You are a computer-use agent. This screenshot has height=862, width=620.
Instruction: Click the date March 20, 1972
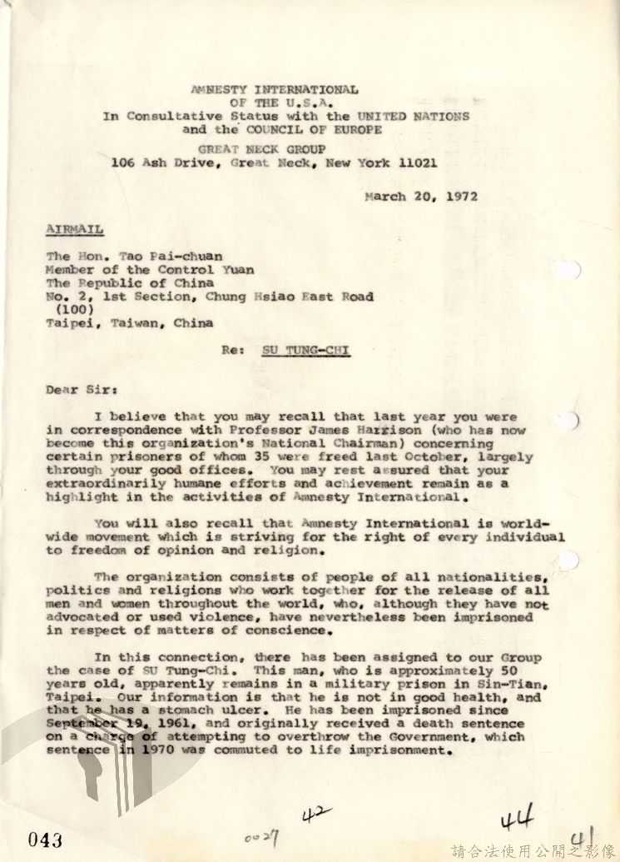pyautogui.click(x=421, y=197)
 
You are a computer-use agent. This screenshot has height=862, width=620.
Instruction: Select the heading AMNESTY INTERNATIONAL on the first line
pyautogui.click(x=275, y=89)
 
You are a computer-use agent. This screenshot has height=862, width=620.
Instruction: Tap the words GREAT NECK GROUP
pyautogui.click(x=274, y=150)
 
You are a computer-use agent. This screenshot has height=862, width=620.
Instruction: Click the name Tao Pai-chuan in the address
pyautogui.click(x=177, y=257)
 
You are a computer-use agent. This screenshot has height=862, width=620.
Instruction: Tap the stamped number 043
pyautogui.click(x=44, y=840)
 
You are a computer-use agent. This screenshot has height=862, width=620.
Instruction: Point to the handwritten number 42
pyautogui.click(x=317, y=813)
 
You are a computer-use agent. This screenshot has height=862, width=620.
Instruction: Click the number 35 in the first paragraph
pyautogui.click(x=308, y=456)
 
